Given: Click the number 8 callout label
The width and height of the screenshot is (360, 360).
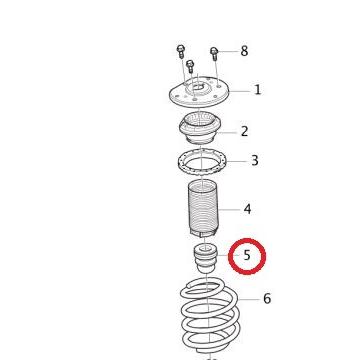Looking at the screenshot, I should (x=244, y=51).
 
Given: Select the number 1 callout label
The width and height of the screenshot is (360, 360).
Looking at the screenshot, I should (x=257, y=90).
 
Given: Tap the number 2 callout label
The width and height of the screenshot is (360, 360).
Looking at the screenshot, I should (x=244, y=131).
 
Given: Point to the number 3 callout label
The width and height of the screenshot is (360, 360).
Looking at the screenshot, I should (x=254, y=160).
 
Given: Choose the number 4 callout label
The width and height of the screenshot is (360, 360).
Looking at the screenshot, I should (x=247, y=209).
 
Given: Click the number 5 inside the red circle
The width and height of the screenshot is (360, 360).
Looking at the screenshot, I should (x=247, y=256).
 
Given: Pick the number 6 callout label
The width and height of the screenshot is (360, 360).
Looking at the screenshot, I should (x=267, y=298).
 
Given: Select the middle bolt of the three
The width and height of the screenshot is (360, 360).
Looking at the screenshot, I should (x=190, y=67).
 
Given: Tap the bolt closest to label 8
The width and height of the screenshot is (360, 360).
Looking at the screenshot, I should (x=214, y=53).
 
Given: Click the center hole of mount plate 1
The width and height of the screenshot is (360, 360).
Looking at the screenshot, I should (x=198, y=92).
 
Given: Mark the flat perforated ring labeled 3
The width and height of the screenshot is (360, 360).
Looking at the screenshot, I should (x=199, y=161).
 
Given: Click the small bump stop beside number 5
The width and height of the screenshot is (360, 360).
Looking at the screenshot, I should (x=205, y=259).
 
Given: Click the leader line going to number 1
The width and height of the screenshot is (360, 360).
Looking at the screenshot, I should (x=240, y=90).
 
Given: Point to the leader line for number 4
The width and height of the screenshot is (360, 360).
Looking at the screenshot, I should (x=228, y=209).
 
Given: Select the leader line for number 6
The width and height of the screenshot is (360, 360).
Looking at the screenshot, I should (x=249, y=298).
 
